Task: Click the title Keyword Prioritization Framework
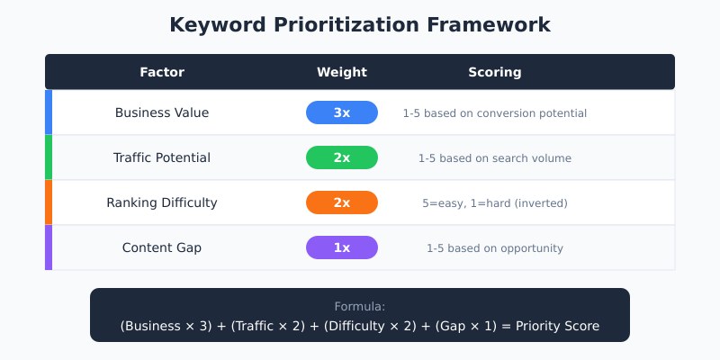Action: [360, 25]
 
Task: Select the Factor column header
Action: [162, 72]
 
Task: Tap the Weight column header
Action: [342, 72]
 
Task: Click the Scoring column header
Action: [494, 72]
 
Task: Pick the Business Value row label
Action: [162, 112]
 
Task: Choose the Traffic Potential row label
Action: [162, 157]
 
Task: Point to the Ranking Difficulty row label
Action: [162, 202]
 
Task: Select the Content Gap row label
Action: [162, 247]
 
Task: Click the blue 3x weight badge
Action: [342, 112]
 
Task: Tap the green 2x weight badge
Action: [342, 157]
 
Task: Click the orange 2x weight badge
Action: [342, 202]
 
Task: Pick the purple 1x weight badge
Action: [342, 247]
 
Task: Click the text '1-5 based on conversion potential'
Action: [494, 113]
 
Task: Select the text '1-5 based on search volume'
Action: [494, 158]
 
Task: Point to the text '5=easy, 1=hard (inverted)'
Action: [494, 203]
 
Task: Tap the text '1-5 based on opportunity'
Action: [494, 248]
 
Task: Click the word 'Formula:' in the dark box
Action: [360, 306]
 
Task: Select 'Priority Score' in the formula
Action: [557, 326]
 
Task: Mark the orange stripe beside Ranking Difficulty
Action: [49, 202]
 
